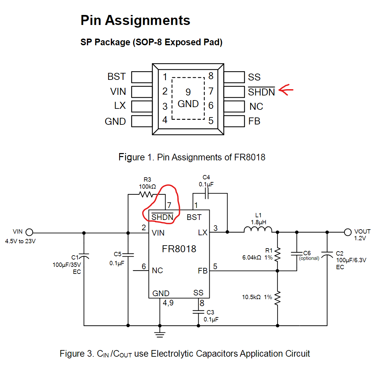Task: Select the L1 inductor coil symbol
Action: (258, 230)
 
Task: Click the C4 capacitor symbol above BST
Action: (207, 194)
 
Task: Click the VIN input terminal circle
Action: (29, 232)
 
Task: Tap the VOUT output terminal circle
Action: (348, 232)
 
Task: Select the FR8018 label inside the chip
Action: (179, 249)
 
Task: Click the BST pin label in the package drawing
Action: (116, 77)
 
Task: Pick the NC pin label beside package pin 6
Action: (256, 106)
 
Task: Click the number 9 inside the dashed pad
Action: (188, 92)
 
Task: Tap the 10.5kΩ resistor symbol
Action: (278, 298)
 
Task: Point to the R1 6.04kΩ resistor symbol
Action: (278, 255)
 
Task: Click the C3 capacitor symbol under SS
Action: (198, 312)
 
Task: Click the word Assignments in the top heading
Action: (148, 20)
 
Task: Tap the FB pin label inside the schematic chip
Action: (202, 271)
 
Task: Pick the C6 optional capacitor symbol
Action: (296, 254)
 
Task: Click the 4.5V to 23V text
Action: (20, 241)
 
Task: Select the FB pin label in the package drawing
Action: (254, 121)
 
